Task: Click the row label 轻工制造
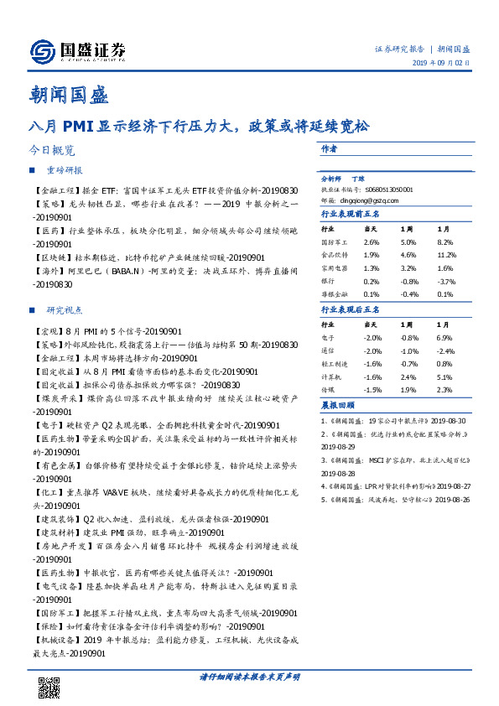point(333,365)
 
